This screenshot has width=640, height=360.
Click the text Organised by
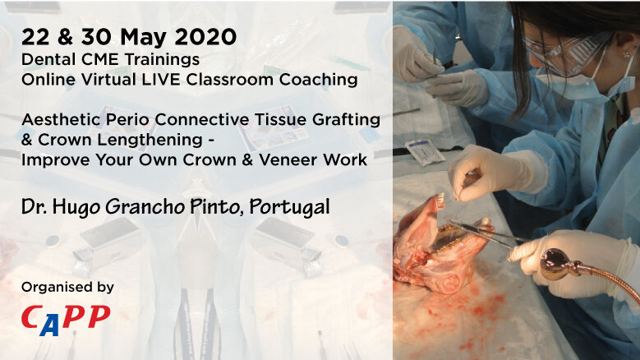67,288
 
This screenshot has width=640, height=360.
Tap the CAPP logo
66,317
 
